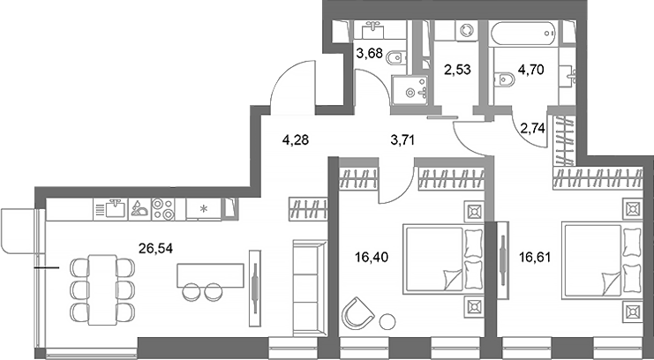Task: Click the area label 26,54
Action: tap(155, 249)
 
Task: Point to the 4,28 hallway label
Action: tap(297, 138)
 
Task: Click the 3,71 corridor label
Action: tap(405, 138)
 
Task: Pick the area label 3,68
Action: tap(369, 53)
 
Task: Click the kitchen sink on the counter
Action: tap(115, 209)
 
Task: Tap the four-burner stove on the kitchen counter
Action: tap(162, 209)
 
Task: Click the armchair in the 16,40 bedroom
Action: tap(357, 312)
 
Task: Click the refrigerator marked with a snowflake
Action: tap(205, 209)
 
